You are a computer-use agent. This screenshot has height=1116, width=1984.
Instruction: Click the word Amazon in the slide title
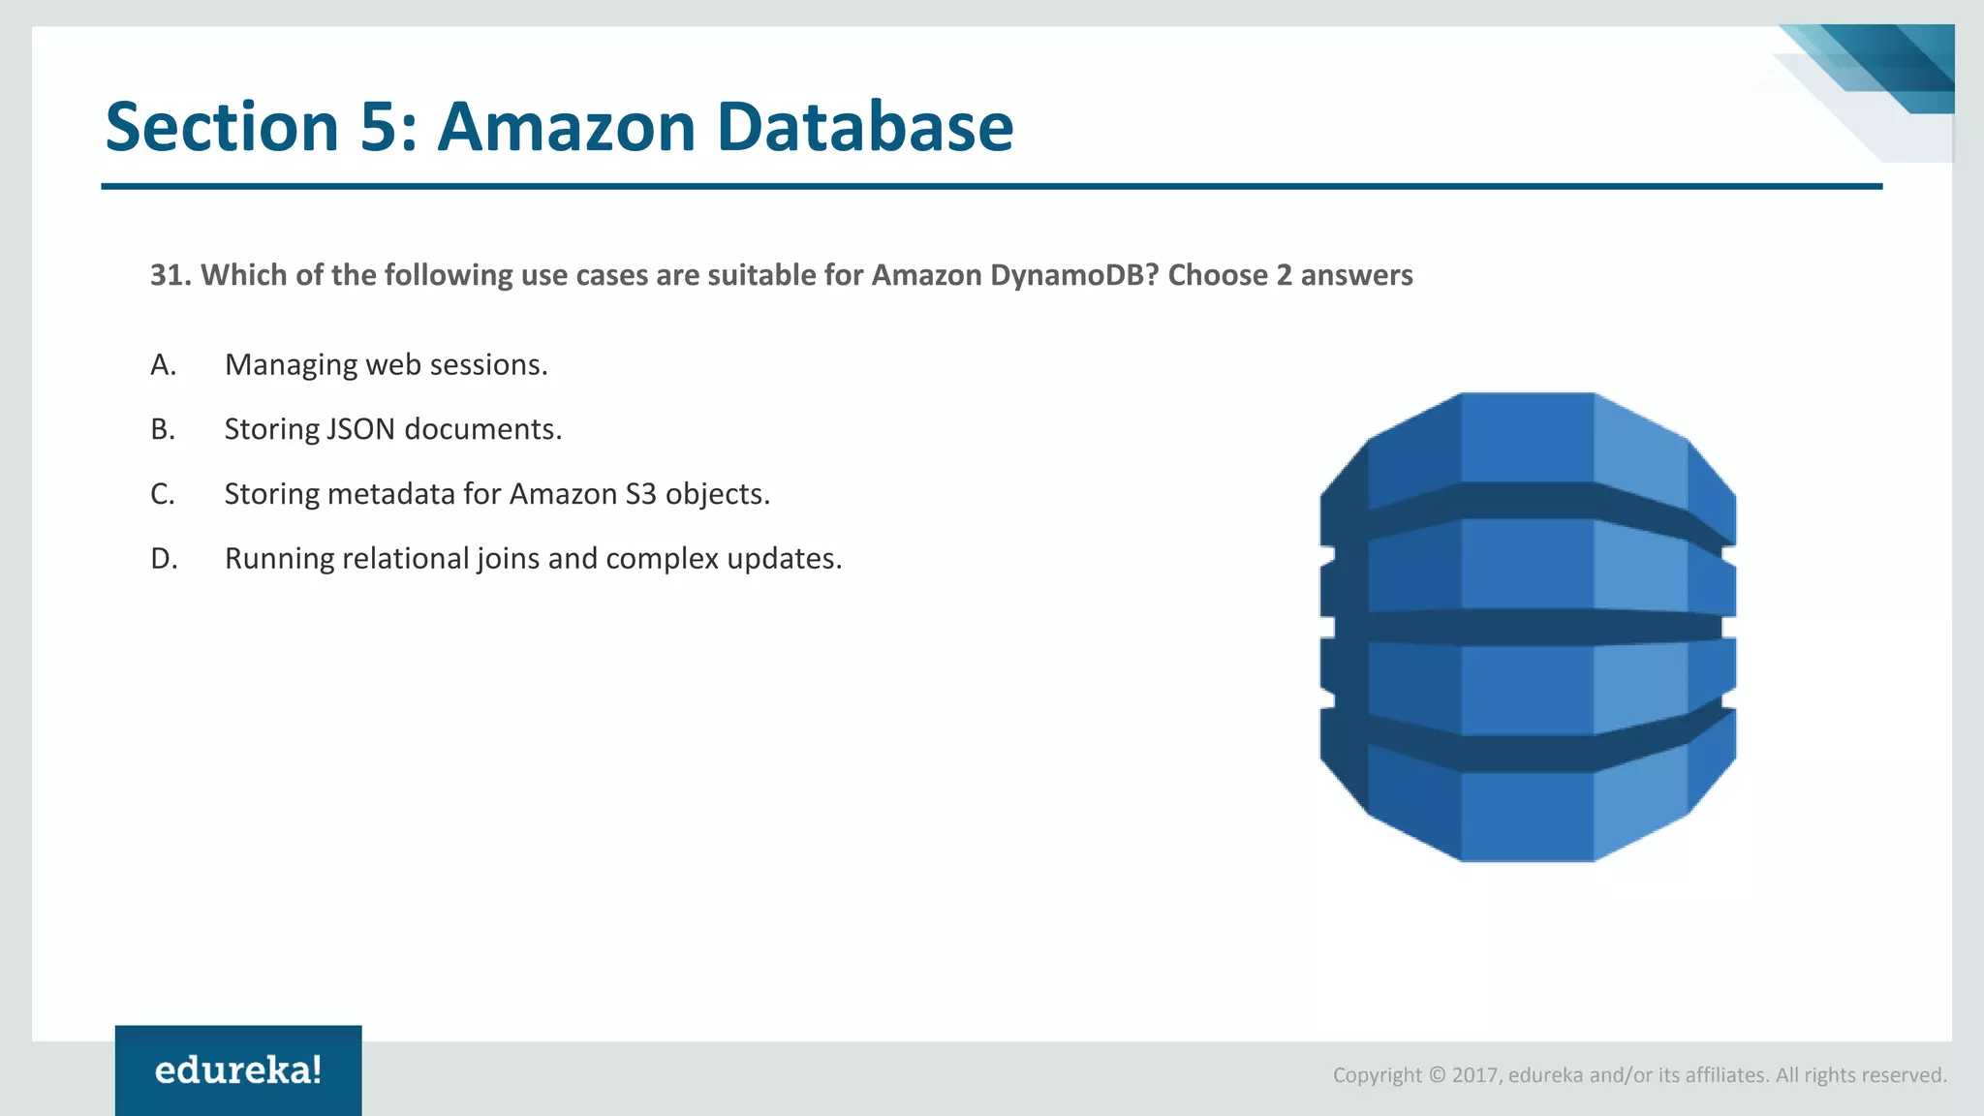(567, 127)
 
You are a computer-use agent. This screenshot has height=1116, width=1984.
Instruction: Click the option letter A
(163, 365)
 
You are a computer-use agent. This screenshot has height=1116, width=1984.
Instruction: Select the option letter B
(163, 429)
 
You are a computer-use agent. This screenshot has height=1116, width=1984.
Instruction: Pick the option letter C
(163, 494)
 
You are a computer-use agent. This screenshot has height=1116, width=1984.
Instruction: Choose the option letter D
(164, 559)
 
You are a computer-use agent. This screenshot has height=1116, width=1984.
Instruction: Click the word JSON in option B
(360, 429)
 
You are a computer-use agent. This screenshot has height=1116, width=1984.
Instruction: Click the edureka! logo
(238, 1070)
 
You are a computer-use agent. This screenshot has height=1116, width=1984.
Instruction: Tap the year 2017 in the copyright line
(1475, 1075)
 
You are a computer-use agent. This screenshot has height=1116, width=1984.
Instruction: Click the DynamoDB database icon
(1528, 627)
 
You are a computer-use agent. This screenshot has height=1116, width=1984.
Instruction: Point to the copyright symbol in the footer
(1437, 1075)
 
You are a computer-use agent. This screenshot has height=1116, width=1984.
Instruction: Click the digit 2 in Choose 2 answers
(1284, 275)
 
